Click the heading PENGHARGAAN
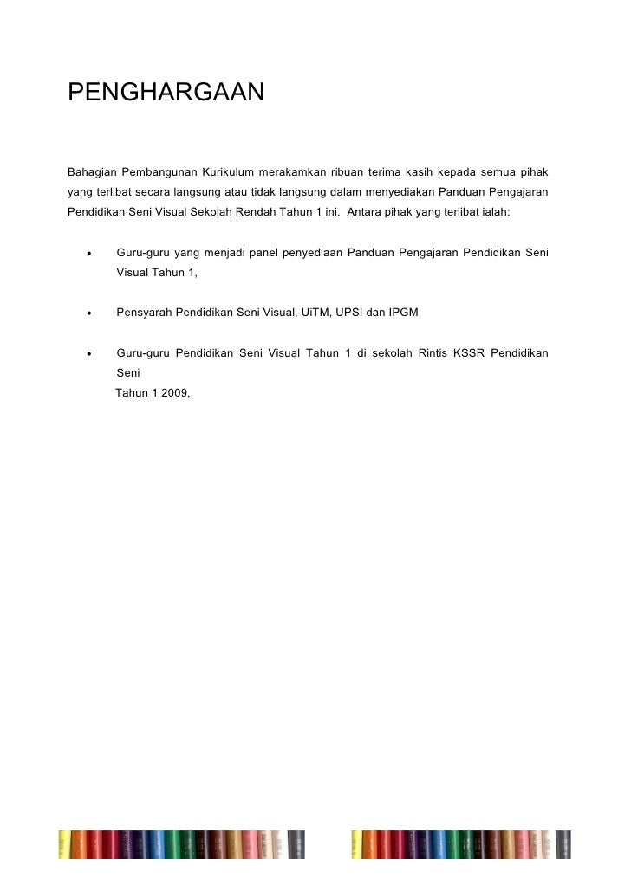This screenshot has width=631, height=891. pyautogui.click(x=165, y=91)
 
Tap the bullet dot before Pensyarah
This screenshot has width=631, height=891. pyautogui.click(x=88, y=313)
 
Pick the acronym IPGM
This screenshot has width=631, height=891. pyautogui.click(x=403, y=312)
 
